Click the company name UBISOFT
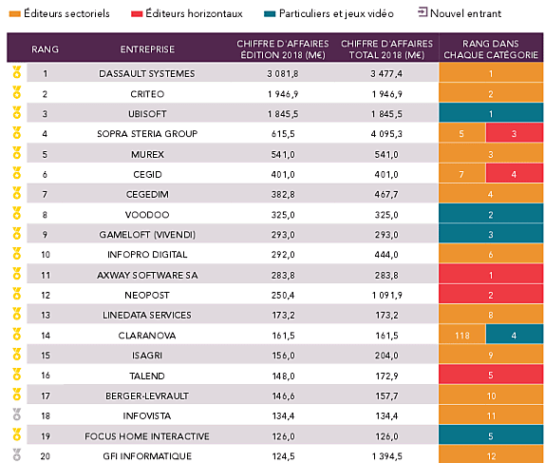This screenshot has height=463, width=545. (147, 114)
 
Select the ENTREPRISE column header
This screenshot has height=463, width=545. (147, 49)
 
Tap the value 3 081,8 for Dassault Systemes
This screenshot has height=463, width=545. (283, 74)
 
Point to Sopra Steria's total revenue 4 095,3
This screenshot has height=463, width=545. (386, 134)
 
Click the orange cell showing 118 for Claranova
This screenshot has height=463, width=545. (462, 336)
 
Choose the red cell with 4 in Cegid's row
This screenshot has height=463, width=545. (515, 174)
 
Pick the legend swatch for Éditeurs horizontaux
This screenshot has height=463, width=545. (137, 14)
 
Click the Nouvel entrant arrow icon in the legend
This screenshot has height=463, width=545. (423, 12)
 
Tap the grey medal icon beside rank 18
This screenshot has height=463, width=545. (17, 415)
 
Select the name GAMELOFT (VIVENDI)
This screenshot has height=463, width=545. (147, 235)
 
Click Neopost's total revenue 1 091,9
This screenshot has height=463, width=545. (386, 296)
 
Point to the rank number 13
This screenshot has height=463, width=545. (46, 315)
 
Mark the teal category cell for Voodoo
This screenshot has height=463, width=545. (491, 215)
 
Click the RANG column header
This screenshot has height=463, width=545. (45, 49)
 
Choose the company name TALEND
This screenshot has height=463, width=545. (147, 376)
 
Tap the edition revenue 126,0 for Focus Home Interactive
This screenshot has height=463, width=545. (283, 436)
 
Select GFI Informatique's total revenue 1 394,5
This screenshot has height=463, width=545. (386, 456)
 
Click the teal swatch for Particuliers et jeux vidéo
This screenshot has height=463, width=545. (270, 14)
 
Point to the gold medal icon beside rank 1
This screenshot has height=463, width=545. (17, 72)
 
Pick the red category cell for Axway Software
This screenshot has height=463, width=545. (491, 275)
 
